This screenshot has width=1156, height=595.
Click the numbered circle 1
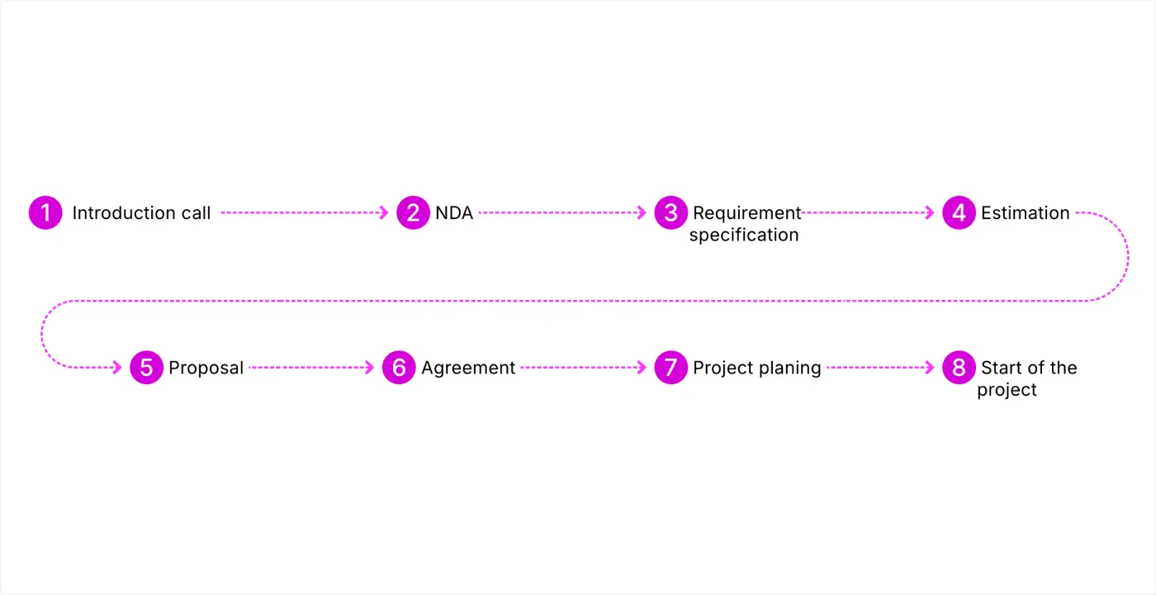pyautogui.click(x=45, y=213)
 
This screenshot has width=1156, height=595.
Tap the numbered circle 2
pyautogui.click(x=413, y=213)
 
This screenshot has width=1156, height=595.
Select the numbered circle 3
pyautogui.click(x=670, y=213)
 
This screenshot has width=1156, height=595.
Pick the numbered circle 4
pyautogui.click(x=959, y=213)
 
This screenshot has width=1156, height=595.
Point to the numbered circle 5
pyautogui.click(x=146, y=368)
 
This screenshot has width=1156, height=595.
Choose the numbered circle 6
pyautogui.click(x=399, y=368)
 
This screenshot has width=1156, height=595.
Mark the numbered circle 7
pyautogui.click(x=670, y=368)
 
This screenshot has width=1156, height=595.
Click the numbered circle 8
pyautogui.click(x=959, y=368)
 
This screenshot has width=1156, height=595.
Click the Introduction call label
pyautogui.click(x=141, y=213)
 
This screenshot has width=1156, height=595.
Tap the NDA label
pyautogui.click(x=454, y=213)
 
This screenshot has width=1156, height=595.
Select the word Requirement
pyautogui.click(x=746, y=213)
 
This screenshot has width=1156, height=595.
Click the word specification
pyautogui.click(x=744, y=235)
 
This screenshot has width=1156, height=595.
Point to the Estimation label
pyautogui.click(x=1025, y=213)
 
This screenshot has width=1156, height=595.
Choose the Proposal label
pyautogui.click(x=206, y=368)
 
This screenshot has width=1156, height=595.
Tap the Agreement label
pyautogui.click(x=468, y=368)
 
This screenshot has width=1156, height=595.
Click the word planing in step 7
pyautogui.click(x=791, y=368)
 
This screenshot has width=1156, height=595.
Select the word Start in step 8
pyautogui.click(x=1000, y=368)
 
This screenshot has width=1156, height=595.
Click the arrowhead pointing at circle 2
pyautogui.click(x=383, y=213)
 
